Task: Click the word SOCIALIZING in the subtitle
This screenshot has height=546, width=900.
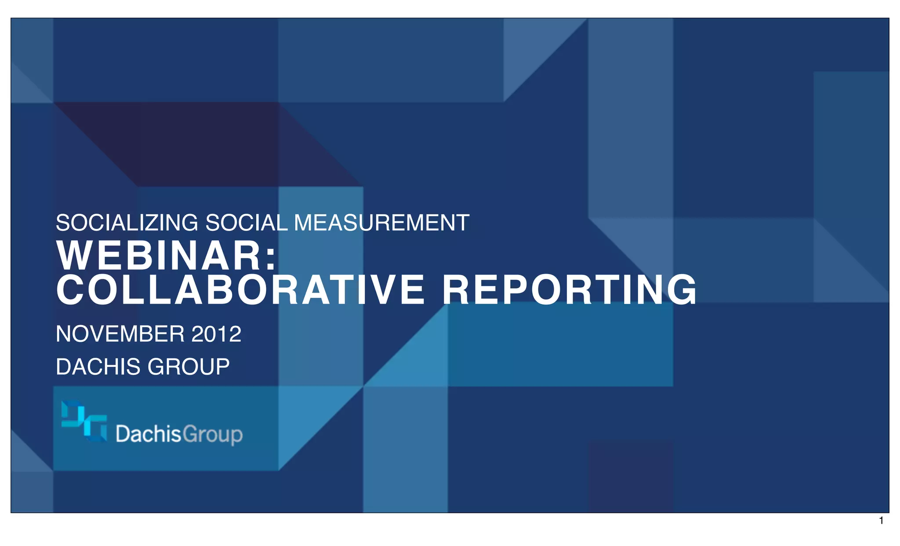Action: [127, 223]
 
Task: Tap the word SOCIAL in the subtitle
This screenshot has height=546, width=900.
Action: [247, 223]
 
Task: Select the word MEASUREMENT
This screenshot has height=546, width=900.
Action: [381, 223]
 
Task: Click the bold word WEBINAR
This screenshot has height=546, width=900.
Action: [160, 256]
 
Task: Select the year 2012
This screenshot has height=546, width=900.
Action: [216, 334]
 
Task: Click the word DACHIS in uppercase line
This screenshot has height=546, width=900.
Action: [99, 367]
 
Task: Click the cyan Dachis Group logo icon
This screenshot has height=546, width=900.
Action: [84, 420]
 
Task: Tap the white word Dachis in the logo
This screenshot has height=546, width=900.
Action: [148, 434]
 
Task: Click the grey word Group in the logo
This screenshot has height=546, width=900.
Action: [212, 435]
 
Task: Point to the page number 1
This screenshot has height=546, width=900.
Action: [881, 521]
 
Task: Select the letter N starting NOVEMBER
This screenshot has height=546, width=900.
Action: [63, 334]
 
